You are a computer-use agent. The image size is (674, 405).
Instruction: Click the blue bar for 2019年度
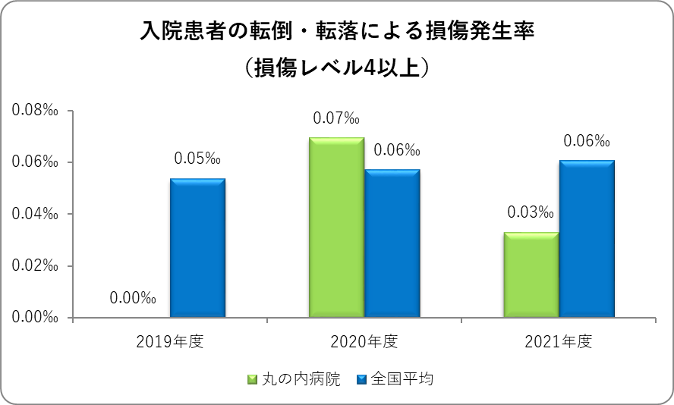197,248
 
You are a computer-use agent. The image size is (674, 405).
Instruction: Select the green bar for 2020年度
336,228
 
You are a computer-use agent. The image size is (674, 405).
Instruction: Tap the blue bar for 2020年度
392,243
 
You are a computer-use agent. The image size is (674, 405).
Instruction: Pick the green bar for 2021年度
531,275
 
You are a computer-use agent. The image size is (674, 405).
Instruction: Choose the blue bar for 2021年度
587,239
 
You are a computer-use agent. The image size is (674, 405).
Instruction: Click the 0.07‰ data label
335,118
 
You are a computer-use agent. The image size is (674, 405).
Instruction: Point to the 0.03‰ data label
531,213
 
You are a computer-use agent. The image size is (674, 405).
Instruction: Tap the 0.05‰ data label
197,159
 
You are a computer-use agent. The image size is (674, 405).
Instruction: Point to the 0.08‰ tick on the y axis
36,111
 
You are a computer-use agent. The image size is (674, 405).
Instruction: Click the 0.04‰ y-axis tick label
36,214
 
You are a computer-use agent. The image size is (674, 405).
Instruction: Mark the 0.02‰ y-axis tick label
36,265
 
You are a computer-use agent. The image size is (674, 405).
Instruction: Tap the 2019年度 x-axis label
170,341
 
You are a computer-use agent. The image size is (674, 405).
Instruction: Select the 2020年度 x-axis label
364,341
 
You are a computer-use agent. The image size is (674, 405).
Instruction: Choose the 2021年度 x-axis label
559,341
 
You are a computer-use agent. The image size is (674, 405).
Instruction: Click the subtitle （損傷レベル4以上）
338,67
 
